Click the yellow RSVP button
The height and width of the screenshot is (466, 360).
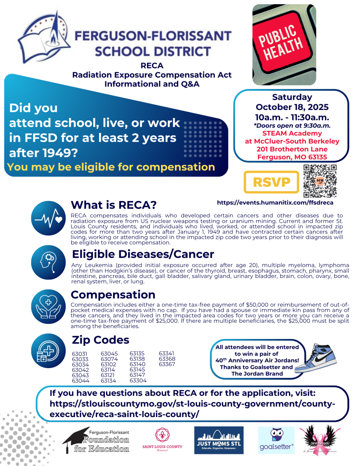pos(271,182)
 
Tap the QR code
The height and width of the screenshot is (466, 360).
pos(320,181)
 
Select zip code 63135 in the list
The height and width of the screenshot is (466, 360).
pos(137,354)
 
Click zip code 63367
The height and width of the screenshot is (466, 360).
pos(167,364)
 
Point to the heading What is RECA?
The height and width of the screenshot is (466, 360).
pos(113,205)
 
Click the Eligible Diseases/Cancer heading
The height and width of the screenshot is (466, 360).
pos(143,254)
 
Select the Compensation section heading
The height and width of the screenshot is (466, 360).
pos(113,294)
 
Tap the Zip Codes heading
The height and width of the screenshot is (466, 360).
pos(101,340)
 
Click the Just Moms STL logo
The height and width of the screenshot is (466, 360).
pos(219,440)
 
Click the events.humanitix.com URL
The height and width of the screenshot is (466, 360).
pos(275,203)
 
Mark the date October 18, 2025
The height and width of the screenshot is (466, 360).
pos(292,107)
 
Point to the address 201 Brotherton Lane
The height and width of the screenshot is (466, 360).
pos(292,150)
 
